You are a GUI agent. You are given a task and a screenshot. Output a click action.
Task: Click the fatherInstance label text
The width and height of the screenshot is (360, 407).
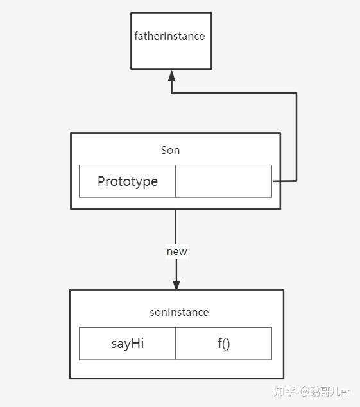tap(169, 36)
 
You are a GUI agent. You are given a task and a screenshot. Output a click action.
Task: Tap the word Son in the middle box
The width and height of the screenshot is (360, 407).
tap(170, 150)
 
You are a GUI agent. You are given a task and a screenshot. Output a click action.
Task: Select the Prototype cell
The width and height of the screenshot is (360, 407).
tap(127, 181)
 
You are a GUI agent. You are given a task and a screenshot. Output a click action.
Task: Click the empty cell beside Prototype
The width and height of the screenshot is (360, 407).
tap(223, 181)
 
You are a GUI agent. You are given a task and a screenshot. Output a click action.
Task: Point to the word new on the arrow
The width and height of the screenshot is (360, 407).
tap(176, 251)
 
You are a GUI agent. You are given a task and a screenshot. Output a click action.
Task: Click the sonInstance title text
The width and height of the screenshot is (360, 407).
tap(179, 312)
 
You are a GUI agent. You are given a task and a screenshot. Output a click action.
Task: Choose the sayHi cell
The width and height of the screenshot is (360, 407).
tap(127, 344)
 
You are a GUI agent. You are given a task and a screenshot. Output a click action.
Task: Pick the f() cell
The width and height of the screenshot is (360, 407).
tap(223, 344)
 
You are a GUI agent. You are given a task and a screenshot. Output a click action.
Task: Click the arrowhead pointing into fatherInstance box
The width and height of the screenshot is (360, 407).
tap(171, 75)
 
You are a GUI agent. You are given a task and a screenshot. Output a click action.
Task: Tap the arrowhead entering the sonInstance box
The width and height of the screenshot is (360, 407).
tap(176, 285)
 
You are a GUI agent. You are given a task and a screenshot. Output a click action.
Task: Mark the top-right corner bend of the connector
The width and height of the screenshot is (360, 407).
tap(296, 93)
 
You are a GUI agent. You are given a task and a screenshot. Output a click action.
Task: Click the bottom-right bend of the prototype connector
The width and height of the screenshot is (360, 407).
tap(296, 181)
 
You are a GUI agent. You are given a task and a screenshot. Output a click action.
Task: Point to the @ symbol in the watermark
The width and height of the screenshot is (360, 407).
tap(304, 392)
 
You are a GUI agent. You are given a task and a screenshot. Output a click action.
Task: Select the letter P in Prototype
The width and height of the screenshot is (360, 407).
tap(101, 181)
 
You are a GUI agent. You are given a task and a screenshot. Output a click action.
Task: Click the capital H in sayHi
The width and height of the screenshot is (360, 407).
tap(135, 344)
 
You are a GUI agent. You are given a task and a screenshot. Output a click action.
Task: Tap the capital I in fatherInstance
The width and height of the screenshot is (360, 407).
tap(165, 36)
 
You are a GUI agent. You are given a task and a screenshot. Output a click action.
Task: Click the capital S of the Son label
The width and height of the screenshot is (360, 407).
tap(164, 150)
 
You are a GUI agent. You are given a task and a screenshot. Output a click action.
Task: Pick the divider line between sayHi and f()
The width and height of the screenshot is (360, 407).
tap(175, 344)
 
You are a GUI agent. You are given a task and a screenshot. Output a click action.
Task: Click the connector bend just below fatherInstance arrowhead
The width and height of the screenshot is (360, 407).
tap(171, 93)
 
